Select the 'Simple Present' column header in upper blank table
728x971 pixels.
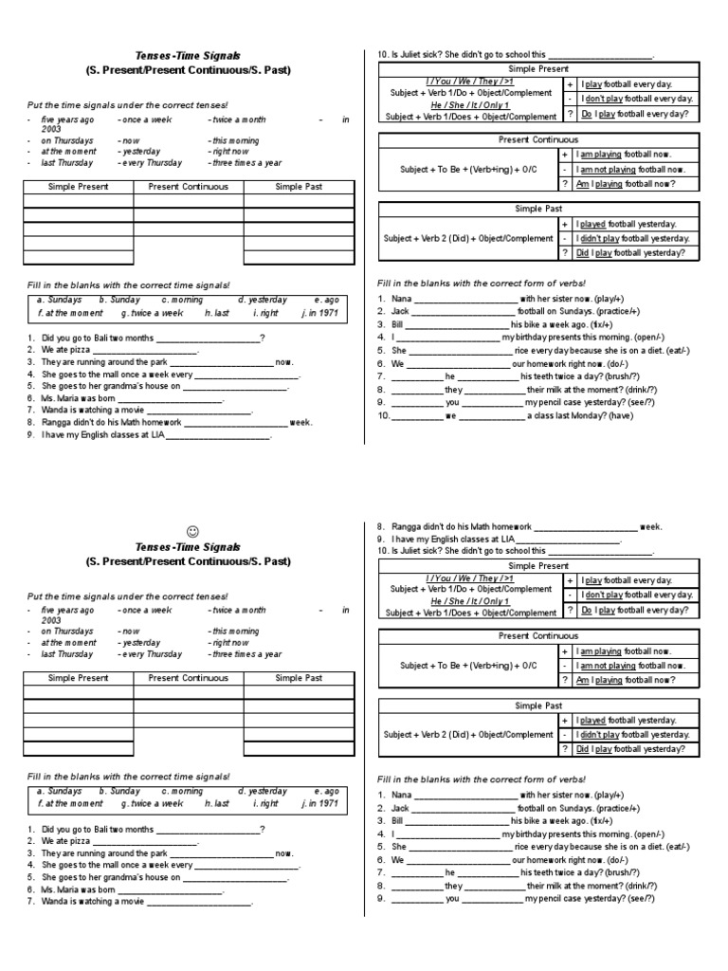point(78,187)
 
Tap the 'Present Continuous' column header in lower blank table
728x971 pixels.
point(188,678)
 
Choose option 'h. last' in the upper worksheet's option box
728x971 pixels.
point(217,312)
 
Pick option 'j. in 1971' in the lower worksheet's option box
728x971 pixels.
point(319,803)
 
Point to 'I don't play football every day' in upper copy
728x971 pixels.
point(637,99)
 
